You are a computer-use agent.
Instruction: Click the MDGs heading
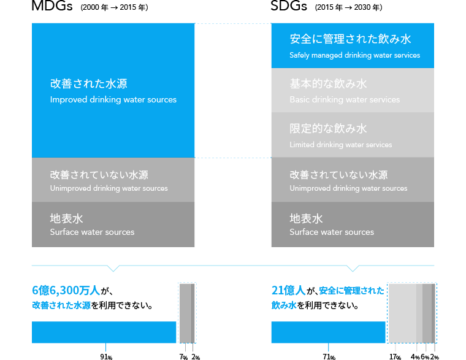52,7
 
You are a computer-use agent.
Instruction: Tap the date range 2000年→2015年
114,8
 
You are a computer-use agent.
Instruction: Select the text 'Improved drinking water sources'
113,99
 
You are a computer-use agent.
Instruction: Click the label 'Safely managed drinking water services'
354,55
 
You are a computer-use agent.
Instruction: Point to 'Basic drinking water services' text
345,99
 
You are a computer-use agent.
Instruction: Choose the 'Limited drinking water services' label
340,145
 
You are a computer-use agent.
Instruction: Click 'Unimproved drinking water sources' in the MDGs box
109,188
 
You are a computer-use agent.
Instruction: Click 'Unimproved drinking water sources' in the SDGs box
348,188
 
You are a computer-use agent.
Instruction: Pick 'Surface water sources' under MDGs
92,232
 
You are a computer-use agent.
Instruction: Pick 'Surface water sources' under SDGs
332,232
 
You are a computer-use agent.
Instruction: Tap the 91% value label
106,356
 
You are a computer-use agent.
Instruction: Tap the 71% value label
328,356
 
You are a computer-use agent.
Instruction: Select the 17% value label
395,356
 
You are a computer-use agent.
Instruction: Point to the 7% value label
183,356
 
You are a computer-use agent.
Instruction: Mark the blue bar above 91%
104,332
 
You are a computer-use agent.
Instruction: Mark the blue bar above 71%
328,332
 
